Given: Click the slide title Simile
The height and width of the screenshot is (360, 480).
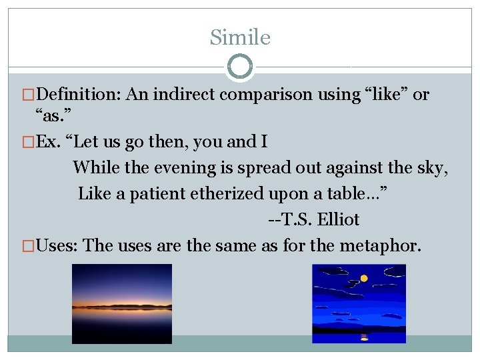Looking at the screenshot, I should point(240,37).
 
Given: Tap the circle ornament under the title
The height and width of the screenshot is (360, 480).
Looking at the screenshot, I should point(240,67).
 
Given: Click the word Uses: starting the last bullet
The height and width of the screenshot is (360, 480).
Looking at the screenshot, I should point(57,245).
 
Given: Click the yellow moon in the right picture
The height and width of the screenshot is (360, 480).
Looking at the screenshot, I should point(364,278).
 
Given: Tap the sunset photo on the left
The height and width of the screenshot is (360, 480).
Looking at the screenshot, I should point(121,303).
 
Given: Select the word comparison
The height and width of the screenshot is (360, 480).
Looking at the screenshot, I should point(265,95).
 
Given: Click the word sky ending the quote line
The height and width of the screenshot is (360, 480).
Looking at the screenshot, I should point(433,168).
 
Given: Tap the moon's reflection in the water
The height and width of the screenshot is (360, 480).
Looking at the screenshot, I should point(363,335).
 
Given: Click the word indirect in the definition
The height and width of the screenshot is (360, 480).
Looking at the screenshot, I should point(184,95).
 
